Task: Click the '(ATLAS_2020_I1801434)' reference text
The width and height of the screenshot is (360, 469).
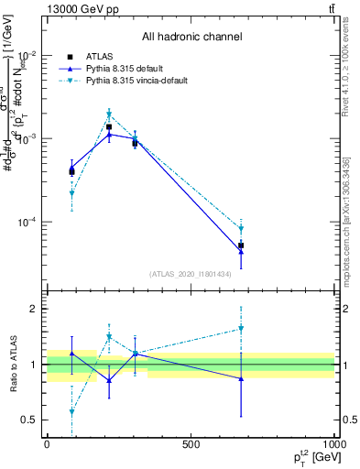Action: click(191, 274)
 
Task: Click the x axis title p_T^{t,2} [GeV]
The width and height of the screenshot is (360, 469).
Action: click(311, 457)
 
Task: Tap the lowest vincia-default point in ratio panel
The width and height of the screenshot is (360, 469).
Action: click(71, 412)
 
